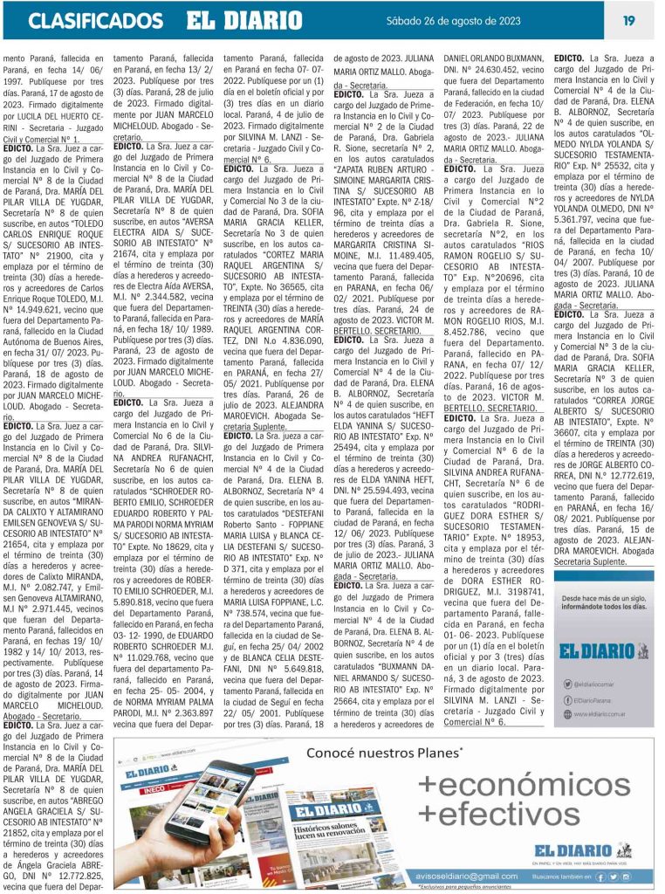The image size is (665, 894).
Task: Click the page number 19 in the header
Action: pos(628,20)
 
